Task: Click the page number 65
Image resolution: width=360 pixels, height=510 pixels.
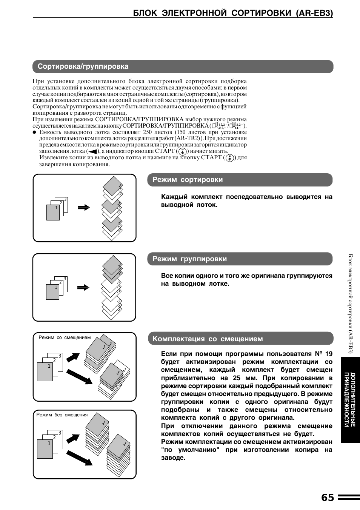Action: pos(328,498)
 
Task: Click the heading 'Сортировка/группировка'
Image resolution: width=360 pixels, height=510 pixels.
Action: pos(83,66)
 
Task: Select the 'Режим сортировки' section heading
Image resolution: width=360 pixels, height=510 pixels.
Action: pos(188,180)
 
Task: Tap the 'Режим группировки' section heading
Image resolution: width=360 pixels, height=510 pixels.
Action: pos(189,259)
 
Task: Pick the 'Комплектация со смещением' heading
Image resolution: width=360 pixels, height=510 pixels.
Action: pos(208,339)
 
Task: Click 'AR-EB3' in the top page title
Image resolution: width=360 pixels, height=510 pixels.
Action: pos(314,13)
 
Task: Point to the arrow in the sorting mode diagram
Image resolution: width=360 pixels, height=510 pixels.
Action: pos(84,207)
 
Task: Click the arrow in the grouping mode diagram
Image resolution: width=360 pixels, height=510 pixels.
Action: pos(83,288)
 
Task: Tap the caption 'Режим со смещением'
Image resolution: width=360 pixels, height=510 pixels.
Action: pos(65,337)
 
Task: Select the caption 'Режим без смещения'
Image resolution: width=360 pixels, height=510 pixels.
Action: pos(62,415)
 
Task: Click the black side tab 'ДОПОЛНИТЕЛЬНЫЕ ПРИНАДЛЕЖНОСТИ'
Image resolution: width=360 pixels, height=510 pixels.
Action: pos(350,400)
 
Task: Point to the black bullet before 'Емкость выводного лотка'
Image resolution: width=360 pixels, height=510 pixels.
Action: pos(34,133)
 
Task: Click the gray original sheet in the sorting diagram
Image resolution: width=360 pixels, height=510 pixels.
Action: pos(53,213)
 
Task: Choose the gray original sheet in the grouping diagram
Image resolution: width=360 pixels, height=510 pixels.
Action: pos(52,292)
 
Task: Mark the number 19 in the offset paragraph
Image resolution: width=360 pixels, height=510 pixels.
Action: pos(328,354)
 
